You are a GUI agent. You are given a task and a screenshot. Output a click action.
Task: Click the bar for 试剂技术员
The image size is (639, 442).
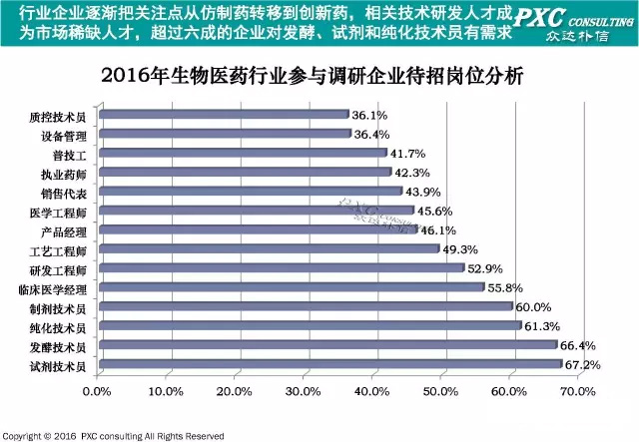[329, 364]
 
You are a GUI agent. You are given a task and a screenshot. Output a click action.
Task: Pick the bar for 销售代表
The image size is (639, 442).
[250, 192]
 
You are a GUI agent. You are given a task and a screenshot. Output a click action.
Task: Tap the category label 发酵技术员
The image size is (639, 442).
[59, 346]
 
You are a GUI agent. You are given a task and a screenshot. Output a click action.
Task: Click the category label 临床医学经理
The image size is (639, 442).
[53, 288]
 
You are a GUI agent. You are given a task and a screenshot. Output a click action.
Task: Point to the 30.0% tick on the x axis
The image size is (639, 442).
[304, 390]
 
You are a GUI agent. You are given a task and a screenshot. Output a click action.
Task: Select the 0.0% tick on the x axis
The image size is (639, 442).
[97, 390]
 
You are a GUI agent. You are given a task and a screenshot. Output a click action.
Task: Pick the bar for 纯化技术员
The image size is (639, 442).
[310, 326]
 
